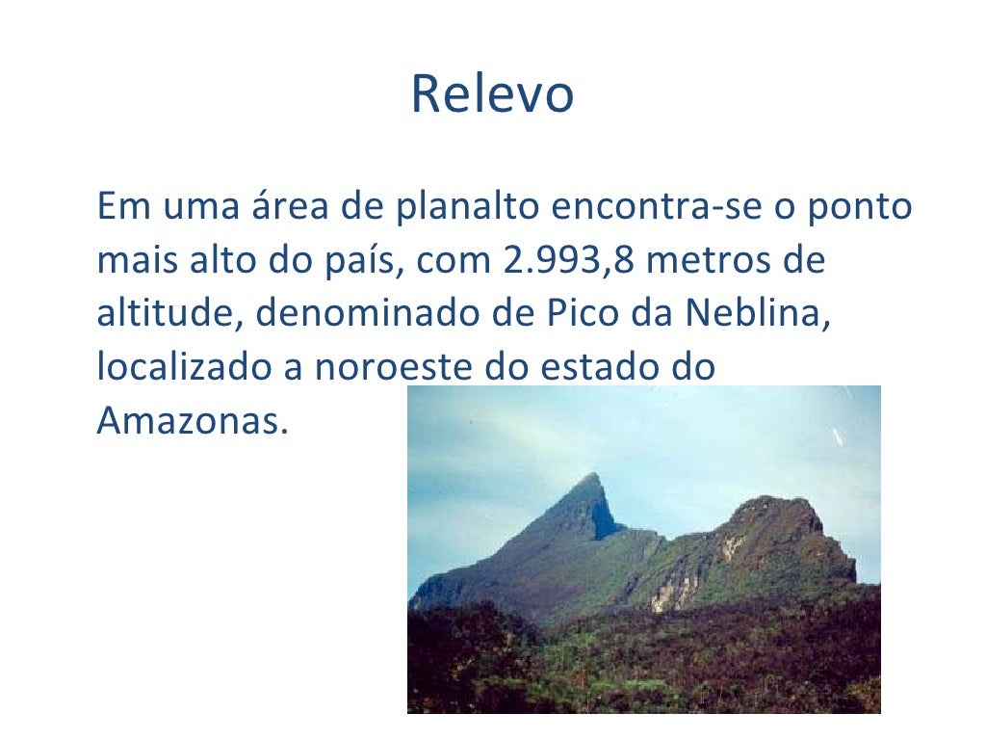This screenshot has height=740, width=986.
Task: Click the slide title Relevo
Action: tap(492, 94)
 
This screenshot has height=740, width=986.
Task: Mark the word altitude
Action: tap(169, 314)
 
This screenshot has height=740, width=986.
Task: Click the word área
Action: tap(279, 207)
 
